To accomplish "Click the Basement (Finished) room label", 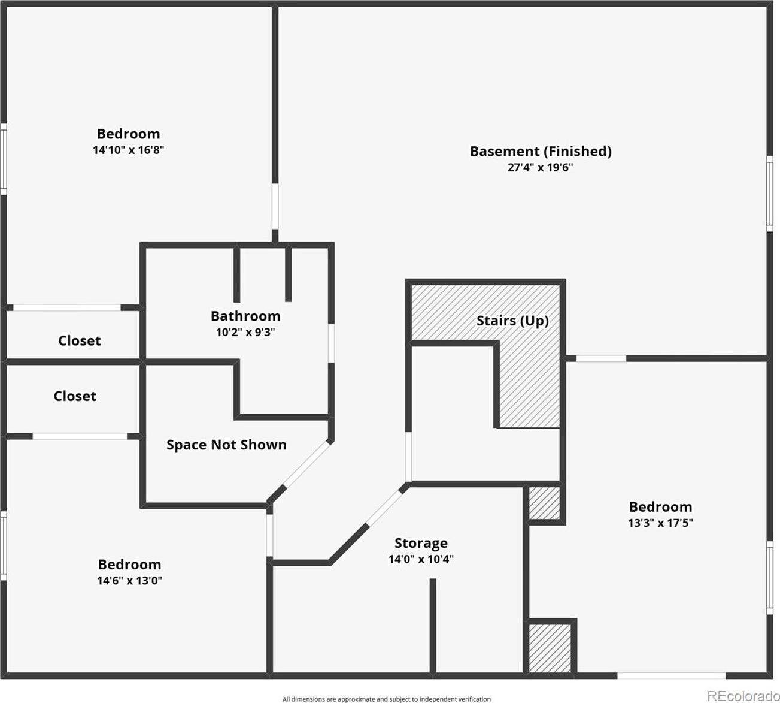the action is [x=541, y=152].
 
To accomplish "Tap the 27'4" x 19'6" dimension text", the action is [x=540, y=167].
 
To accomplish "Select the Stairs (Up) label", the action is [x=512, y=321].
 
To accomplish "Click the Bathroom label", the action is [x=245, y=316].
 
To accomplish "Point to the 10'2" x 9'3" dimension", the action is [x=245, y=332].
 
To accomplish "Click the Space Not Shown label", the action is [x=226, y=445].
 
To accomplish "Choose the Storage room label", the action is [x=421, y=543].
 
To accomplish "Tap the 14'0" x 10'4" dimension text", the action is [x=421, y=559].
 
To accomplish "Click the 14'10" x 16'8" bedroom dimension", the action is [x=128, y=150].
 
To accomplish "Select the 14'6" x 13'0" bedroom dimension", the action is [x=129, y=581].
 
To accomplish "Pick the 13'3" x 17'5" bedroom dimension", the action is [x=660, y=523].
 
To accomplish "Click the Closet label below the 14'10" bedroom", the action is [x=80, y=341].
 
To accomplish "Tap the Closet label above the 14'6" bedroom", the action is [x=75, y=396].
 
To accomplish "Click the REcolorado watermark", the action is [x=743, y=696].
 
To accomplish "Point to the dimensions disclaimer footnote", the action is [x=387, y=699].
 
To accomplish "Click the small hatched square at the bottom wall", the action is [x=550, y=648].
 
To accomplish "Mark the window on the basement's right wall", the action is [x=769, y=194].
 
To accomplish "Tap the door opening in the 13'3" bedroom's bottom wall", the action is [x=672, y=676].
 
